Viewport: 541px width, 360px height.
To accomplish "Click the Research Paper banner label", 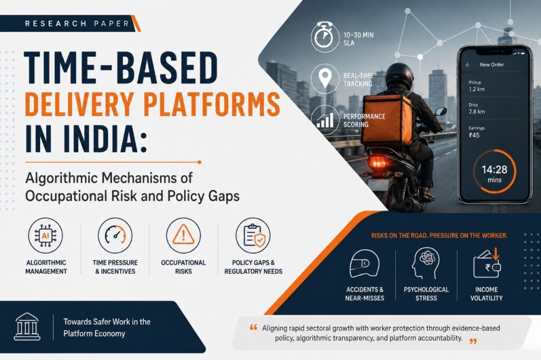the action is pyautogui.click(x=77, y=24).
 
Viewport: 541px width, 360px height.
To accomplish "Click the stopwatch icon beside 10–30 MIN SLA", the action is pyautogui.click(x=324, y=37).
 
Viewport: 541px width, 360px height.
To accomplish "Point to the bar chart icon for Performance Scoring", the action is pyautogui.click(x=325, y=120).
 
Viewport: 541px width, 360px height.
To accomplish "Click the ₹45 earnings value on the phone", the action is pyautogui.click(x=474, y=135).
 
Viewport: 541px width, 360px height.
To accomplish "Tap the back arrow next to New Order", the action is pyautogui.click(x=468, y=65).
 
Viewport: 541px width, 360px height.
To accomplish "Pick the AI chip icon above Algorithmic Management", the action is pyautogui.click(x=45, y=235).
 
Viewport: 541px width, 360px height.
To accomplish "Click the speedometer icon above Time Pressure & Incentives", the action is pyautogui.click(x=115, y=235).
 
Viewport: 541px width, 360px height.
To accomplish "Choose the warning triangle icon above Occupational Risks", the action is pyautogui.click(x=183, y=235).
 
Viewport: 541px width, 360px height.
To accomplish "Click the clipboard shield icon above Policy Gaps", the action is pyautogui.click(x=253, y=235).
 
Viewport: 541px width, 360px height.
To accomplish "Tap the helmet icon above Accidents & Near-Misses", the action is pyautogui.click(x=365, y=264).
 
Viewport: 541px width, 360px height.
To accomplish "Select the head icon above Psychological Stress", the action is pyautogui.click(x=425, y=263).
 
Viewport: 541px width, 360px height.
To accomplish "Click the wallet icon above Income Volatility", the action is pyautogui.click(x=487, y=264).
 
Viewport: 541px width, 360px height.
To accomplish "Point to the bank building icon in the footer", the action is pyautogui.click(x=27, y=327).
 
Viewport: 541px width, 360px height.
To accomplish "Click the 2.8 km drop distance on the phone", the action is pyautogui.click(x=477, y=112).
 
